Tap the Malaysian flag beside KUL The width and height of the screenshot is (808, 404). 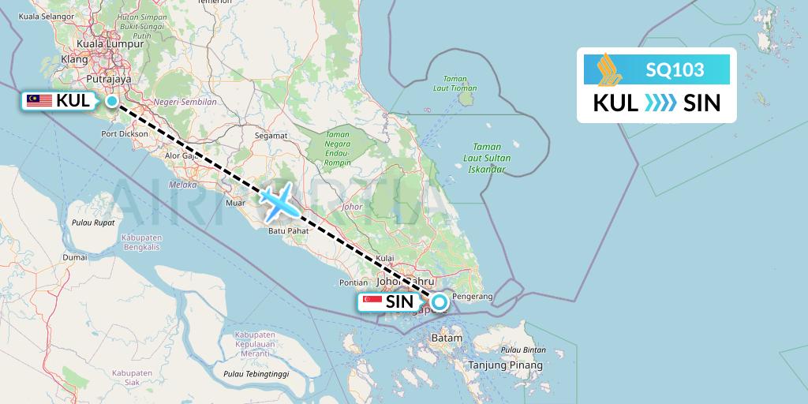coord(39,100)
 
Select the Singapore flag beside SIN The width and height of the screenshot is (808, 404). coord(372,301)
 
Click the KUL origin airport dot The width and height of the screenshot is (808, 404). coord(112,100)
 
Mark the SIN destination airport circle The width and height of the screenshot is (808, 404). coord(438,301)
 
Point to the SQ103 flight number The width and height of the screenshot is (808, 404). coord(675,70)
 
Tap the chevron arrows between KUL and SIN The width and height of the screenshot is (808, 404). coord(660,103)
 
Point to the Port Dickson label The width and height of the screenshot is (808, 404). coord(124,133)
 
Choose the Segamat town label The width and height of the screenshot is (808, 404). coord(271,135)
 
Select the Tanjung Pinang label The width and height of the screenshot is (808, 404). coord(506,365)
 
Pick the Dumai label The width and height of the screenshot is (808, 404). coord(75,257)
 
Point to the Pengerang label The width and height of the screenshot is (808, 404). coord(475,297)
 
